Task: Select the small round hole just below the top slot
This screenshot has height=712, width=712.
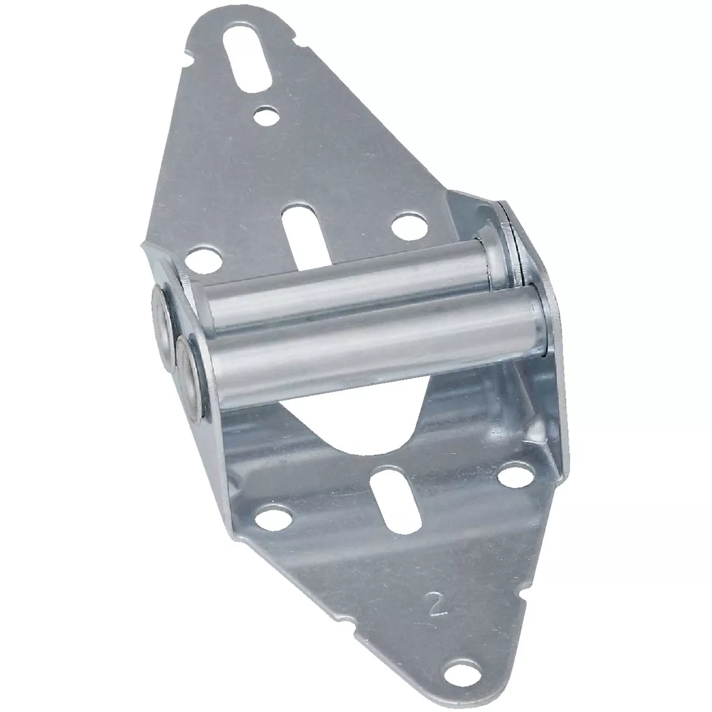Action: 258,115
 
